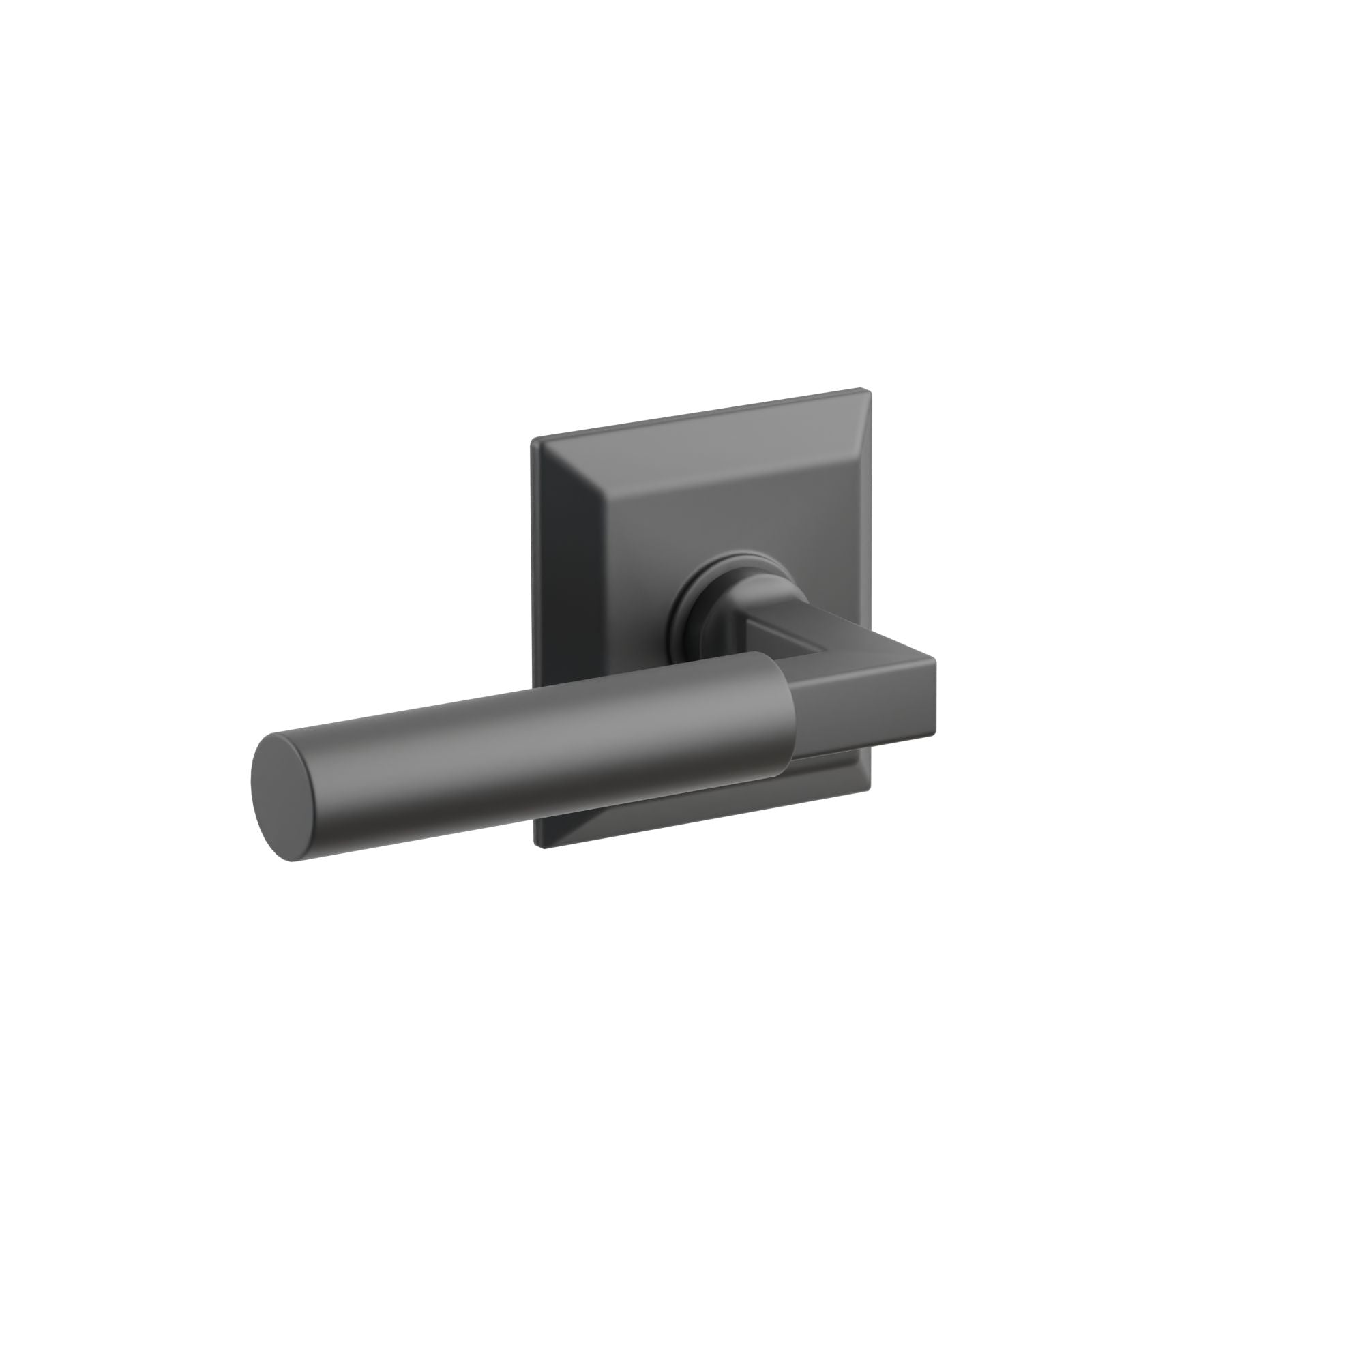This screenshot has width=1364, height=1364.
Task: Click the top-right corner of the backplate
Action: pyautogui.click(x=863, y=389)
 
